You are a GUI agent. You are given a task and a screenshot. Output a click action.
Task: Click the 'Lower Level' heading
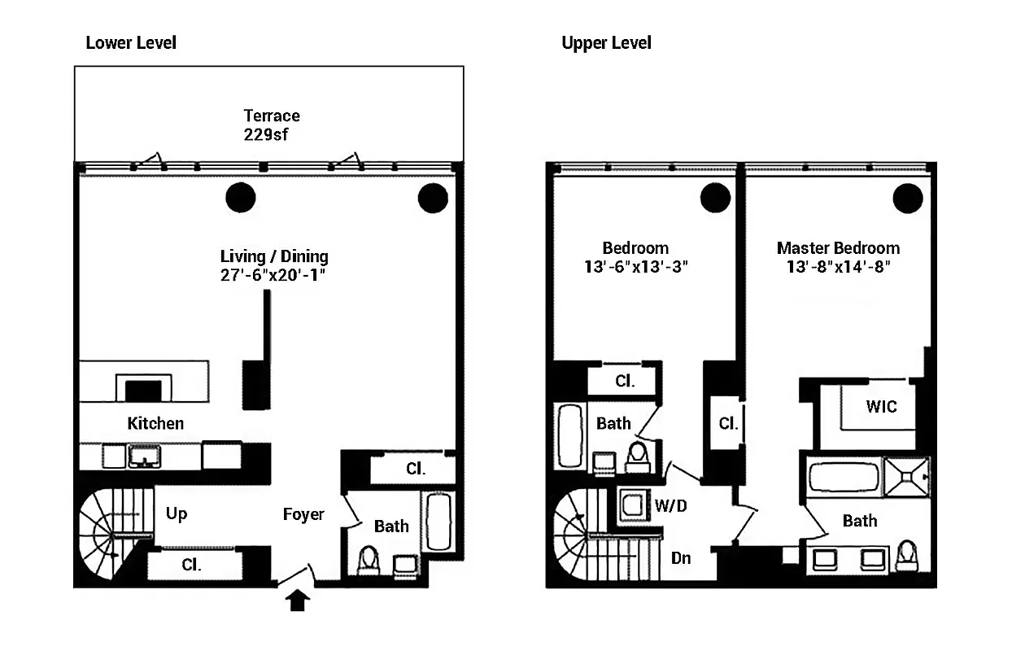tap(131, 42)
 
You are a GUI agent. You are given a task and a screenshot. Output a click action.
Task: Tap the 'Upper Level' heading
tap(606, 42)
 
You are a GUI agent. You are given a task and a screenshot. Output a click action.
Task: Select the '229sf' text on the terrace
tap(266, 135)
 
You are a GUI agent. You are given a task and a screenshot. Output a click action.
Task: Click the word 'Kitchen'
tap(155, 423)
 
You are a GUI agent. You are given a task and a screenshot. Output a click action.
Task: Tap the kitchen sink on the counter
tap(144, 457)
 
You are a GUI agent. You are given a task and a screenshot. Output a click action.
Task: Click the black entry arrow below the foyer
tap(299, 601)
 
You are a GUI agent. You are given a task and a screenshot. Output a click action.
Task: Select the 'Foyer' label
tap(303, 514)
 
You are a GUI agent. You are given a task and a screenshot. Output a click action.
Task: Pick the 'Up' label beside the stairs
tap(177, 514)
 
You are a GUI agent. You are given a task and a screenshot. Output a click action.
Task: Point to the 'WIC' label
tap(882, 405)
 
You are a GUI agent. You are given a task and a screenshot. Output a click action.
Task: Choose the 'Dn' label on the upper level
tap(681, 558)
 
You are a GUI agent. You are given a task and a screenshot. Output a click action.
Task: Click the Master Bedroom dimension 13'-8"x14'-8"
tap(838, 267)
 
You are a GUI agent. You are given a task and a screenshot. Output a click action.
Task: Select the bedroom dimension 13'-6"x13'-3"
tap(636, 267)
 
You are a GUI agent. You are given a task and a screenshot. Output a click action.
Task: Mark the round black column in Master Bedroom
tap(907, 197)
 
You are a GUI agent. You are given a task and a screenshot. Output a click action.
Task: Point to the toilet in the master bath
tap(905, 559)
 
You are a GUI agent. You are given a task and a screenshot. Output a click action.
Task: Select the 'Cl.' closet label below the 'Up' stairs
tap(192, 565)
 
